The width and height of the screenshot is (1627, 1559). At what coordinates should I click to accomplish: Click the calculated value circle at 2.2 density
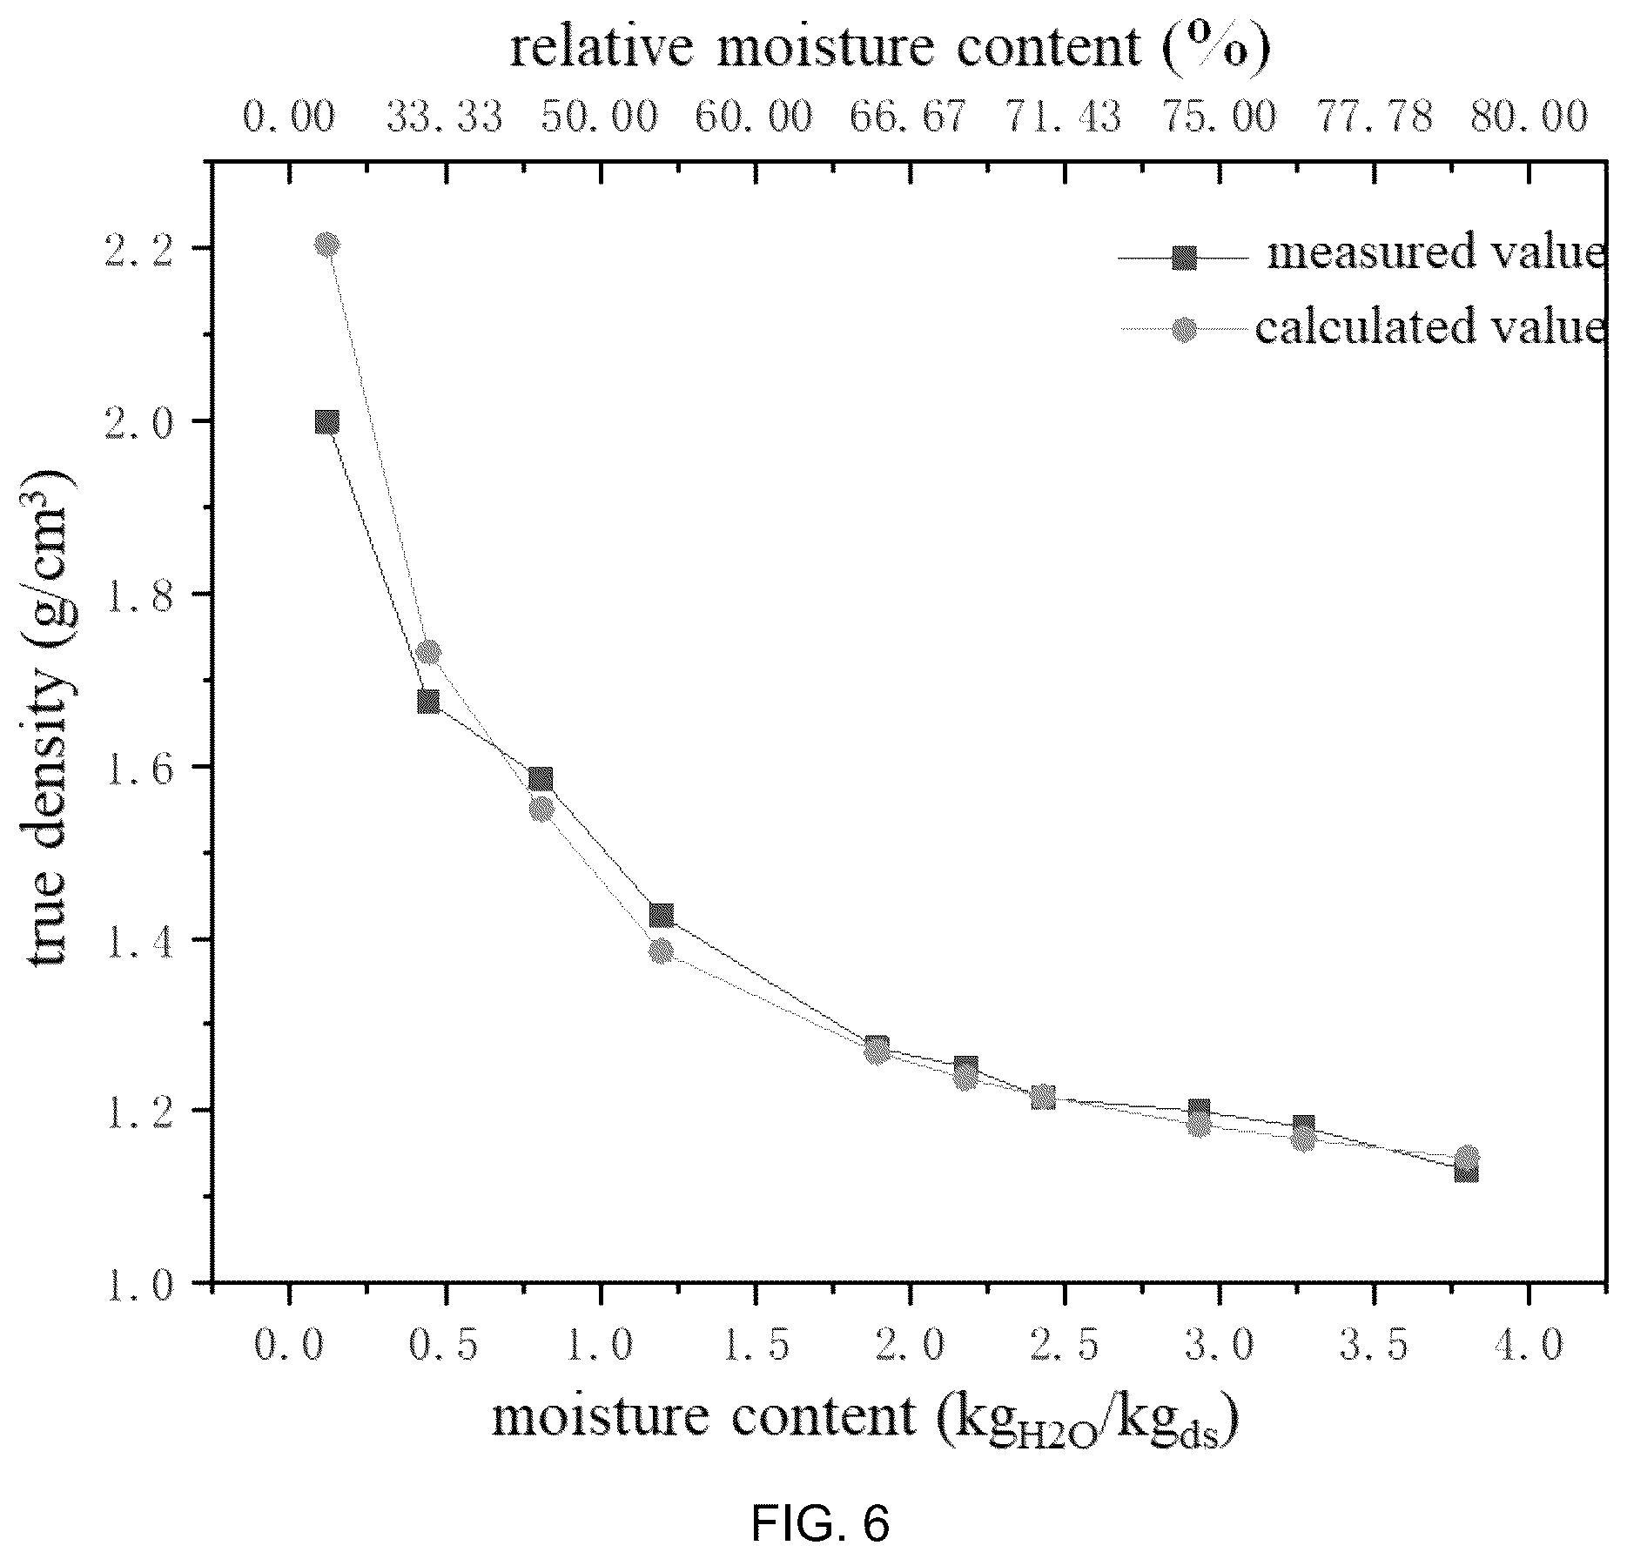[x=327, y=245]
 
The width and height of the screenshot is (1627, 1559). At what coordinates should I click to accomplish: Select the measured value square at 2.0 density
[x=327, y=422]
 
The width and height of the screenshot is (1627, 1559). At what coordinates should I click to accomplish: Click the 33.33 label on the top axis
[x=445, y=116]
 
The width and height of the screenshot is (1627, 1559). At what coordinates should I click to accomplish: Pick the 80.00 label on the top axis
[x=1530, y=116]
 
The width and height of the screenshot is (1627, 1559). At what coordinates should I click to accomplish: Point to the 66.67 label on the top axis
[x=909, y=116]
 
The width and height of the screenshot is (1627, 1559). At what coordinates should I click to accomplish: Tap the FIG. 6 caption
[x=821, y=1524]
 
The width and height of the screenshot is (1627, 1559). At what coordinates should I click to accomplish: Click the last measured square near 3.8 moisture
[x=1467, y=1172]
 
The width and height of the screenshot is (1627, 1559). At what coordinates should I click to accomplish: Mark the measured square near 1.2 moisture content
[x=662, y=915]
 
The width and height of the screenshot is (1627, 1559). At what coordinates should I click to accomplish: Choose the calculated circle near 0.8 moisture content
[x=541, y=810]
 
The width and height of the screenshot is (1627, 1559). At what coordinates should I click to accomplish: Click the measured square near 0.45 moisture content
[x=428, y=702]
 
